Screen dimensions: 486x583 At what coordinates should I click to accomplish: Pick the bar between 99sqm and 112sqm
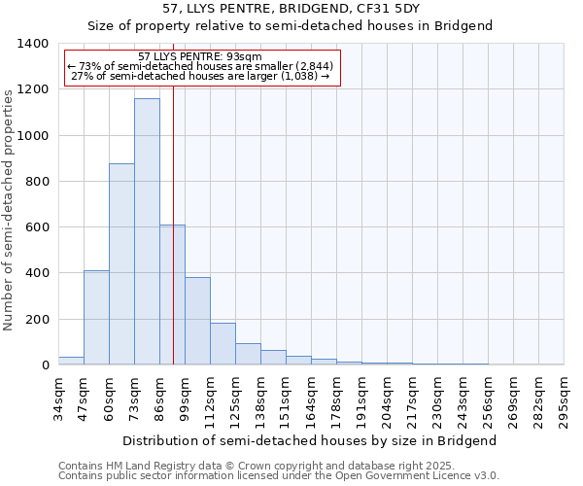[197, 321]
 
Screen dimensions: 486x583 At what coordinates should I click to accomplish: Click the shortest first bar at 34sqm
[71, 361]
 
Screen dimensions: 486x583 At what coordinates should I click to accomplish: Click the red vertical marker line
[173, 243]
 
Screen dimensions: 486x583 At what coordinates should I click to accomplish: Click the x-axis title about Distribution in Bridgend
[311, 440]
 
